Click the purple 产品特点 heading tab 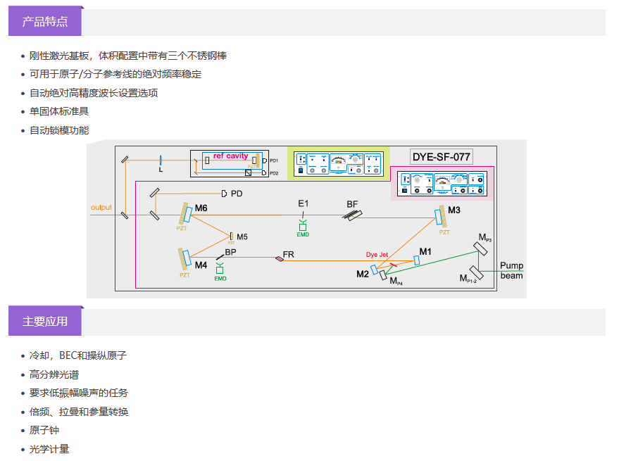pos(45,21)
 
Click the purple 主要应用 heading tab pos(45,321)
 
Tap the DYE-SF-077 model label pos(442,156)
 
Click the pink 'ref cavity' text pos(231,156)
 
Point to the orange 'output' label pos(101,208)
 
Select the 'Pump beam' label pos(511,271)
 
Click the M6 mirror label pos(201,208)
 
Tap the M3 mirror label pos(454,210)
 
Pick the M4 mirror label pos(201,265)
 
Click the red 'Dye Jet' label pos(377,255)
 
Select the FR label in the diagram pos(289,253)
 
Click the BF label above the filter pos(352,203)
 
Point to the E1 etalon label pos(303,203)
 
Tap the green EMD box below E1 pos(303,227)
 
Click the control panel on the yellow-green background pos(338,163)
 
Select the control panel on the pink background pos(442,183)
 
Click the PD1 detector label pos(274,160)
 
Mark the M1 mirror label pos(425,251)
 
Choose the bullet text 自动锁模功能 pos(59,130)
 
